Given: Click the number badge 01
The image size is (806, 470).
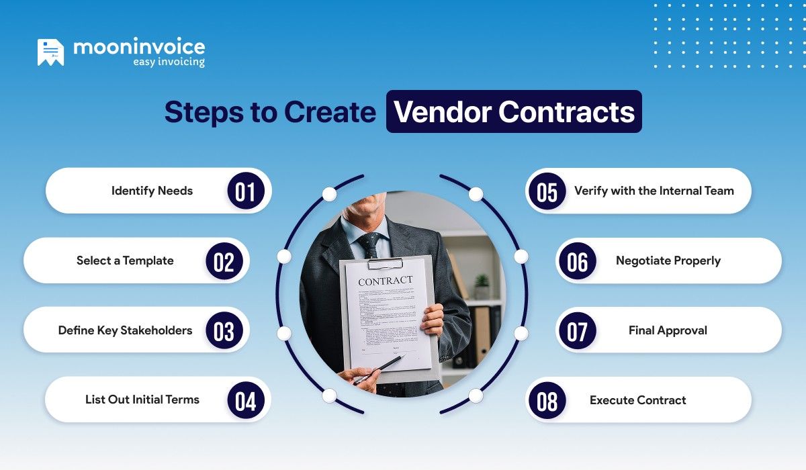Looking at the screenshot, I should click(x=245, y=192).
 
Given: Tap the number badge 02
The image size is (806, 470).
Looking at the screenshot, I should click(x=224, y=262).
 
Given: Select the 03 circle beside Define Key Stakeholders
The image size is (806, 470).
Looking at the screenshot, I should click(x=224, y=331).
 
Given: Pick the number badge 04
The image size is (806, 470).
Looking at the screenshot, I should click(x=245, y=401).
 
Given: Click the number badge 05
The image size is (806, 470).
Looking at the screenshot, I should click(x=547, y=192).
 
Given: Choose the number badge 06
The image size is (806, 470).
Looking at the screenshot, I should click(x=578, y=262).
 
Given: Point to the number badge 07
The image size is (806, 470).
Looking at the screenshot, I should click(x=578, y=331).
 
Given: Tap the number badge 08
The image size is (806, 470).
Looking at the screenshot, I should click(x=547, y=401).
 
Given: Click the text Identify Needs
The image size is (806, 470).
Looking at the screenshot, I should click(x=152, y=191).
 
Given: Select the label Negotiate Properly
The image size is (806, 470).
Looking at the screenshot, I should click(x=668, y=261).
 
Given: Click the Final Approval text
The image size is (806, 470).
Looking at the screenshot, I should click(x=668, y=330).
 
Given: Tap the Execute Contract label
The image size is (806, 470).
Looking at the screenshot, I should click(x=638, y=400).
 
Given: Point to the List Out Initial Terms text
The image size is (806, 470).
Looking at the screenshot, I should click(x=142, y=399).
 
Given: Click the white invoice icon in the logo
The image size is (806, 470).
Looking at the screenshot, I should click(x=51, y=52).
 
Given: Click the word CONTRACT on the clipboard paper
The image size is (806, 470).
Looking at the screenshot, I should click(x=386, y=281).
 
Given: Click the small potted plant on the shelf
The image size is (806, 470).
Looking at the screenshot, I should click(x=482, y=285).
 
